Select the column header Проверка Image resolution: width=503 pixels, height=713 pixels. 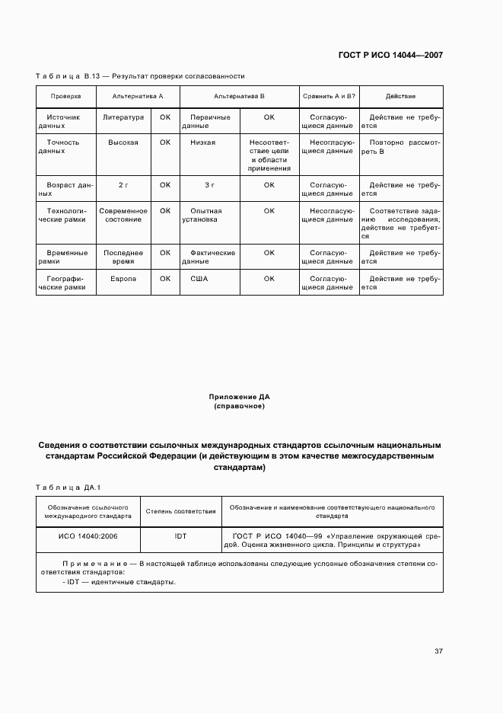pos(65,97)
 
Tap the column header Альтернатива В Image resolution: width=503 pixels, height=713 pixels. pos(238,97)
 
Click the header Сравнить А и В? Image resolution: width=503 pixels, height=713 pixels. pos(328,97)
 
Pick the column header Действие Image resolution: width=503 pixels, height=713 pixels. pos(400,97)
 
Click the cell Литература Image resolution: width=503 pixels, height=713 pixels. pos(123,117)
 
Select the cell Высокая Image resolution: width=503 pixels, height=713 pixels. pos(123,142)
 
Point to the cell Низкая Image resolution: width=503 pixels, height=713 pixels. pos(203,142)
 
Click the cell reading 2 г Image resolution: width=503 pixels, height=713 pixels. pos(123,185)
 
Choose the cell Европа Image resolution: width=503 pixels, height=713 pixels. pos(123,279)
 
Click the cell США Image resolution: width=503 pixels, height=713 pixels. pos(199,279)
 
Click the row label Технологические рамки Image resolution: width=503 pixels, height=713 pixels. pos(65,215)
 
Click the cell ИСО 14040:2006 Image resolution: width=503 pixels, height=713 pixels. pos(88,536)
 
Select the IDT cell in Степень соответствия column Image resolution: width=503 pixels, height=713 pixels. pos(180,536)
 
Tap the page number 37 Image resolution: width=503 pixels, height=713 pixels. pos(438,651)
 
